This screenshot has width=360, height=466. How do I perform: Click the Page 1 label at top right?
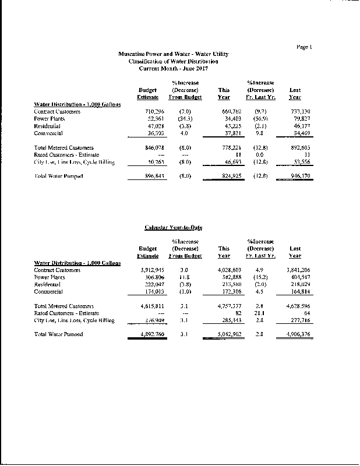(x=305, y=46)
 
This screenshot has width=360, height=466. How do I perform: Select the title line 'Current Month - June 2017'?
(x=173, y=68)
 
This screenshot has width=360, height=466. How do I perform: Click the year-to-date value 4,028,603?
(x=221, y=270)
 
